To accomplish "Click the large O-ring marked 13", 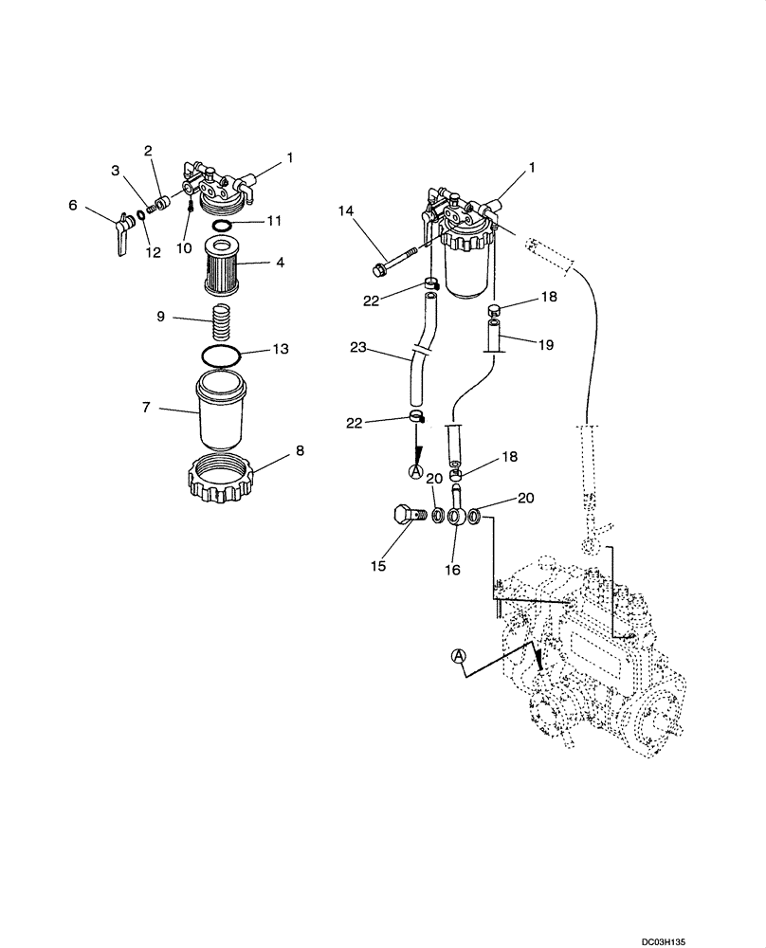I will (x=220, y=355).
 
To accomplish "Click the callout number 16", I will (x=452, y=571).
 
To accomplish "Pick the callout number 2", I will (x=148, y=151).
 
